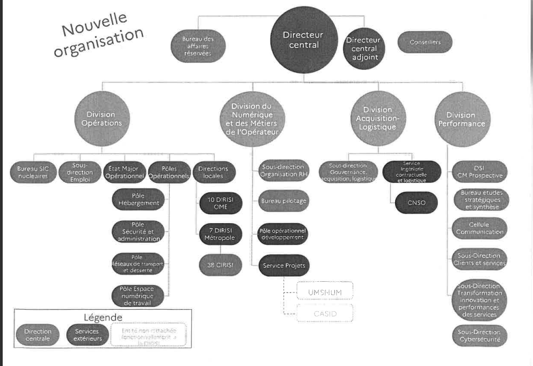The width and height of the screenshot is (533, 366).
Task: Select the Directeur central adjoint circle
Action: (x=363, y=48)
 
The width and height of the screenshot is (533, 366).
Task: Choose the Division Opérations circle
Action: (x=104, y=119)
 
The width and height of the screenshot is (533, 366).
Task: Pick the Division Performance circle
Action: (x=461, y=119)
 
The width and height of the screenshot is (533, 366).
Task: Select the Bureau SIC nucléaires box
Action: (x=35, y=172)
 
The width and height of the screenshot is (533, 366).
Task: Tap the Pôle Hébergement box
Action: (x=138, y=200)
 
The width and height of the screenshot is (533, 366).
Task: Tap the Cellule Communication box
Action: (x=479, y=228)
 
